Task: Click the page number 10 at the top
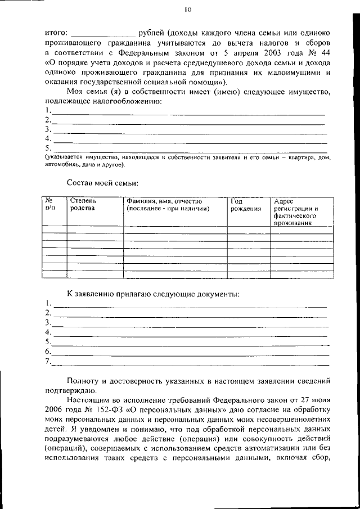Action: (188, 9)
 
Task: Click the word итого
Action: (56, 34)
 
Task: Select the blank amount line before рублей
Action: (104, 36)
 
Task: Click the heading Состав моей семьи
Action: (102, 183)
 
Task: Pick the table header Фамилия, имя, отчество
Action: (164, 201)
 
